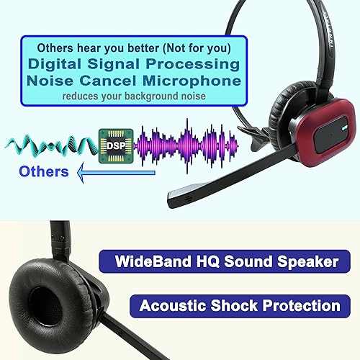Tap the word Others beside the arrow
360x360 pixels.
[x=44, y=171]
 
